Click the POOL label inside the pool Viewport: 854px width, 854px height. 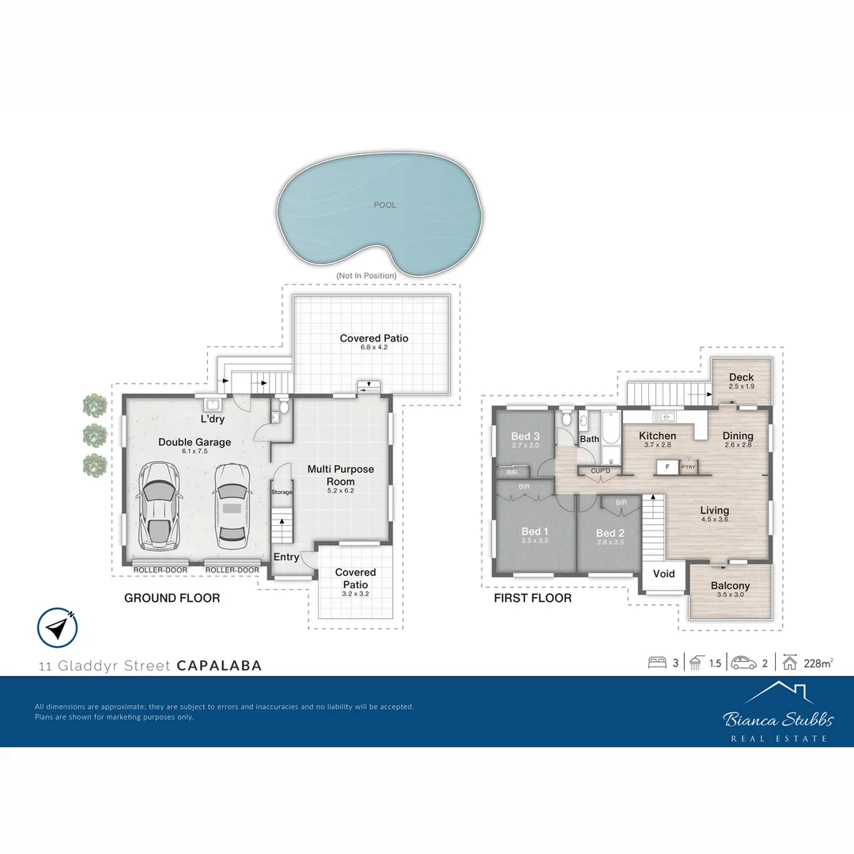coord(385,205)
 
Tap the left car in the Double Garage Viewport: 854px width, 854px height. coord(159,507)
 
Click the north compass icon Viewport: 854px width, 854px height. coord(57,627)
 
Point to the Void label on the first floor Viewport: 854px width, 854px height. coord(664,573)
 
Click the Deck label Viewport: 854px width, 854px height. coord(741,377)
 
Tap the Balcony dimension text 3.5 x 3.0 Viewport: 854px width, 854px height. coord(730,595)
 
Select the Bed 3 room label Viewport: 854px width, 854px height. coord(526,436)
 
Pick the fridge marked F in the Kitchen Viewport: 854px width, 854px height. coord(667,467)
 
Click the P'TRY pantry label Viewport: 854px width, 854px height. coord(689,467)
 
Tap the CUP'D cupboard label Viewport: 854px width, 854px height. coord(600,471)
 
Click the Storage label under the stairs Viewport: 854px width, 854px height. coord(282,492)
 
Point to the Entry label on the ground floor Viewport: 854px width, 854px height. coord(286,557)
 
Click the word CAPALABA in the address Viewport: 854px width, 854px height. coord(219,666)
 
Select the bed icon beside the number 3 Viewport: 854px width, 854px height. coord(657,663)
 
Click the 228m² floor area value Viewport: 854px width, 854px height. coord(817,663)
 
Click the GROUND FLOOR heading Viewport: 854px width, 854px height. coord(172,598)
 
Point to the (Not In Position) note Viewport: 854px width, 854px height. coord(366,275)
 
